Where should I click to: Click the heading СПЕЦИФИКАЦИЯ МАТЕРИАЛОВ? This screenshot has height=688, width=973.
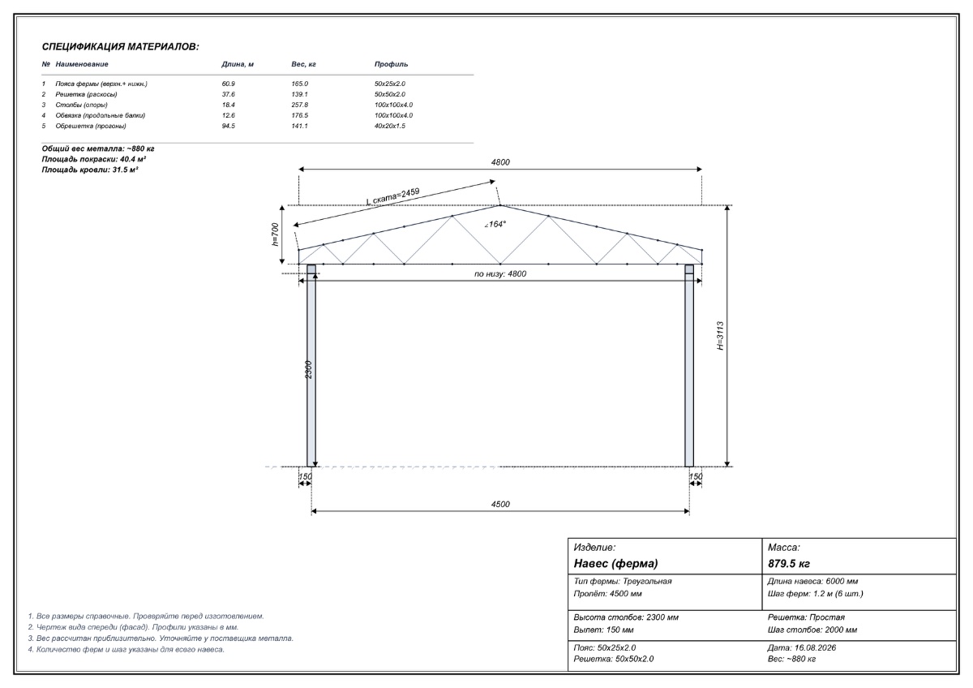(x=120, y=47)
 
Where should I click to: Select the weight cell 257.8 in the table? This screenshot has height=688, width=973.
(x=300, y=105)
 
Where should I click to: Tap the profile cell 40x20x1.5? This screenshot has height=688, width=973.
(x=390, y=126)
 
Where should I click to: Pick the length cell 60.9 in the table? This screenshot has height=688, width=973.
(x=228, y=84)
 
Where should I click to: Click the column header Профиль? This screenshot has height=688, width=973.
(x=391, y=64)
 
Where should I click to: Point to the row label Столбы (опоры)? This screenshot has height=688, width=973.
(x=81, y=105)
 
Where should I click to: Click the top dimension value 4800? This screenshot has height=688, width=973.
(x=500, y=162)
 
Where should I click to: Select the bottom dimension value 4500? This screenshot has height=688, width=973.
(x=500, y=504)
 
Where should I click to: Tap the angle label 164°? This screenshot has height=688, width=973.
(x=495, y=224)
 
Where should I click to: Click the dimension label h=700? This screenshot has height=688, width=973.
(x=276, y=234)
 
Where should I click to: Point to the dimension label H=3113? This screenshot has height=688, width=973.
(x=720, y=336)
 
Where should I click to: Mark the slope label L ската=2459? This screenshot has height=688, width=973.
(x=393, y=196)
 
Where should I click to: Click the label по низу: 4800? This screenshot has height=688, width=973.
(x=500, y=273)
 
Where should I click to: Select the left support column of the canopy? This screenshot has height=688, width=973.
(x=311, y=366)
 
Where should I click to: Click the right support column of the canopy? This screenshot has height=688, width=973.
(x=689, y=366)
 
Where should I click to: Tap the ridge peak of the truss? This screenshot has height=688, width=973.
(x=500, y=205)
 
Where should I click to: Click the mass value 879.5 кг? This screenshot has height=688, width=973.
(x=789, y=564)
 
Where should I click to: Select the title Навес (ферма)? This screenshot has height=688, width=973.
(x=616, y=564)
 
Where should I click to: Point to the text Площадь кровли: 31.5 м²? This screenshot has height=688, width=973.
(x=90, y=170)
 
